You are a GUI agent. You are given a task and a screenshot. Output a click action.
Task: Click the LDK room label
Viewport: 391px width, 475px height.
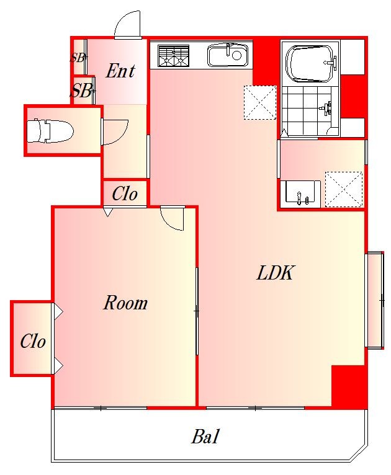tap(275, 273)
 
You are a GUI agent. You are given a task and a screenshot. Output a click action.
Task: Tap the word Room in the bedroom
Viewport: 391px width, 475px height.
tap(125, 303)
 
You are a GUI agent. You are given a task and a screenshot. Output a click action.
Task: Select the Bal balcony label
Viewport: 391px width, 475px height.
tap(205, 437)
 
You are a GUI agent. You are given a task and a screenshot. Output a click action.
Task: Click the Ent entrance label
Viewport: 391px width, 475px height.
tap(120, 71)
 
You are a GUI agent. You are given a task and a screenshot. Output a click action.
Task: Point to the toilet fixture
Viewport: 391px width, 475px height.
tap(50, 131)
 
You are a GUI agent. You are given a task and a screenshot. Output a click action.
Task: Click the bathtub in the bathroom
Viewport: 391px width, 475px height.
tap(312, 64)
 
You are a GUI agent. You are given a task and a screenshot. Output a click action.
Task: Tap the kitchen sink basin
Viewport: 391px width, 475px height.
tap(230, 55)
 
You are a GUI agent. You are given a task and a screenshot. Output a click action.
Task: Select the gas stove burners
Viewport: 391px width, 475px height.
tap(173, 56)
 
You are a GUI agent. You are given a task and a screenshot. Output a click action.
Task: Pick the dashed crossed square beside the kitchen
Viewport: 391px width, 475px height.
tap(260, 102)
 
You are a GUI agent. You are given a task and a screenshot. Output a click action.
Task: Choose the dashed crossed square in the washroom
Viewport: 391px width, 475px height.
tap(344, 189)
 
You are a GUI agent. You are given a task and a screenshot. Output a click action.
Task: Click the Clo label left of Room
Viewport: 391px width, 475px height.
tap(33, 341)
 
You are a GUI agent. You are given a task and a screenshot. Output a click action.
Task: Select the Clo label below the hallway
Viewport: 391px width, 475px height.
tap(125, 193)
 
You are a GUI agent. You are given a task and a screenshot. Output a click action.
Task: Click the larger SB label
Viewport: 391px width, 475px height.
tap(81, 91)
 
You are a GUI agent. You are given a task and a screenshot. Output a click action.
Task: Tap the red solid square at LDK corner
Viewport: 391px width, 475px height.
tap(348, 385)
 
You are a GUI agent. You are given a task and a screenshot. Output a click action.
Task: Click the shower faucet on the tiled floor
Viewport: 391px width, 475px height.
tap(326, 109)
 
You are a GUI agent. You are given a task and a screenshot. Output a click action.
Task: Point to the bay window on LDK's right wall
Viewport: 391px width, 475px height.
tap(376, 300)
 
